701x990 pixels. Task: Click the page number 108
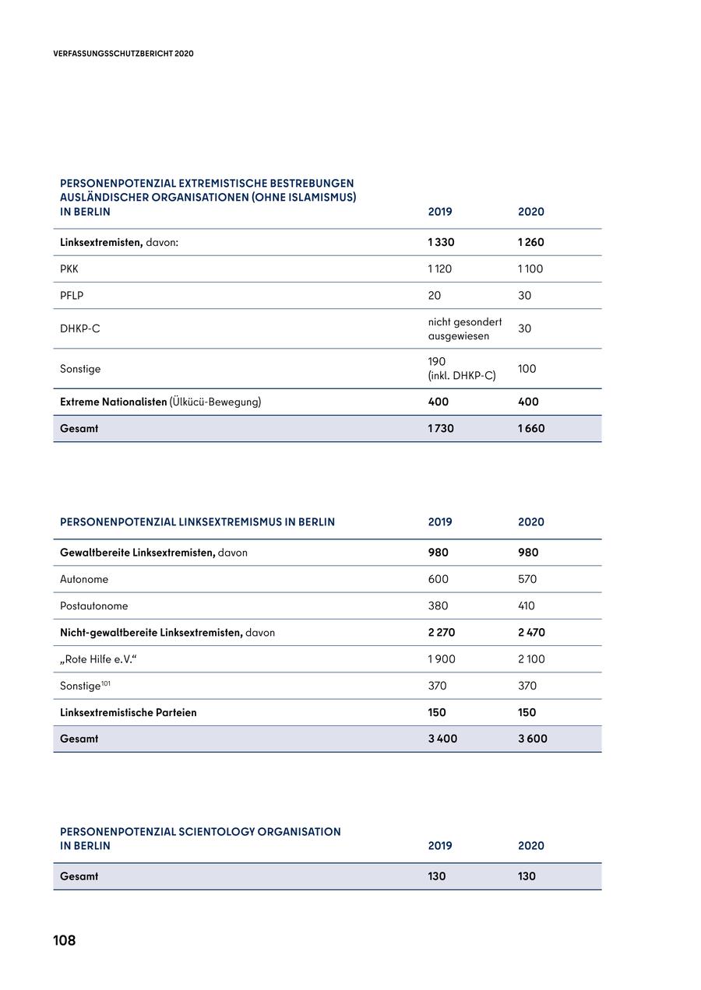click(x=65, y=940)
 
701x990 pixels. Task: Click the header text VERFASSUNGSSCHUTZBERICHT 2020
click(x=123, y=54)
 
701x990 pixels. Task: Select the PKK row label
click(x=69, y=269)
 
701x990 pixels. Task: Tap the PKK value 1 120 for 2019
click(x=440, y=269)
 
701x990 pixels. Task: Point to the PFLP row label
click(x=72, y=296)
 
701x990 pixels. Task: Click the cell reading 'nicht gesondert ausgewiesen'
click(x=465, y=328)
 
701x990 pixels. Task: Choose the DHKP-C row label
click(x=79, y=328)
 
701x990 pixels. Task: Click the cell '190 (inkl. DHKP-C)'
click(x=461, y=368)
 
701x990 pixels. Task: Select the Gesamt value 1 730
click(x=441, y=428)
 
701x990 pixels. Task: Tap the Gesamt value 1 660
click(x=531, y=428)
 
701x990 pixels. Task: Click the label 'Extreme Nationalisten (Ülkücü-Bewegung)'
click(x=160, y=402)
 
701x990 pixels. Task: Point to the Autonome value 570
click(x=527, y=579)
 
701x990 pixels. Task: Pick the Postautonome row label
click(x=94, y=606)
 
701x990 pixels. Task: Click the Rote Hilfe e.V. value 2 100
click(x=531, y=659)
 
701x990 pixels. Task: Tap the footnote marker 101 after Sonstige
click(x=106, y=683)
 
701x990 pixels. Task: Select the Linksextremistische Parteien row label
click(x=129, y=712)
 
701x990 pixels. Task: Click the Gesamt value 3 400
click(x=442, y=739)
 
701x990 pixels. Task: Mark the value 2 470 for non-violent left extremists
click(x=531, y=633)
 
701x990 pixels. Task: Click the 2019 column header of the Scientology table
click(x=440, y=846)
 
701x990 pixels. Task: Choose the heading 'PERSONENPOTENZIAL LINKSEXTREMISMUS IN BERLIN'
click(x=197, y=522)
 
